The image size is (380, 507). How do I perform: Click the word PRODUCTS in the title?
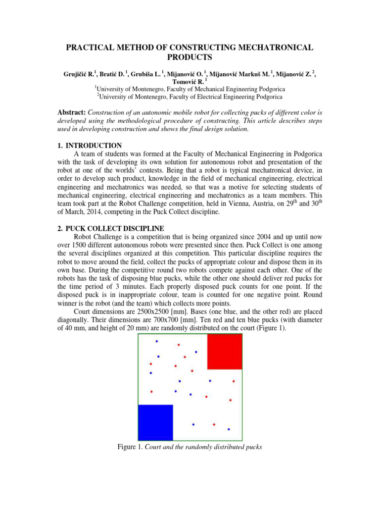[x=190, y=57]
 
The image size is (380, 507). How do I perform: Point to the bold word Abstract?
[x=74, y=112]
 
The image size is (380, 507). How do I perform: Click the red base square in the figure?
[x=224, y=352]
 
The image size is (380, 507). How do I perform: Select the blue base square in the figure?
[x=155, y=422]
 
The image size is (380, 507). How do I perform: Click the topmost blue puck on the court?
[x=157, y=341]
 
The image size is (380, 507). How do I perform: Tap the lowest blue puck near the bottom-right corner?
[x=229, y=429]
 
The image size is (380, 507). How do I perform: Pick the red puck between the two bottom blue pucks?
[x=214, y=424]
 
